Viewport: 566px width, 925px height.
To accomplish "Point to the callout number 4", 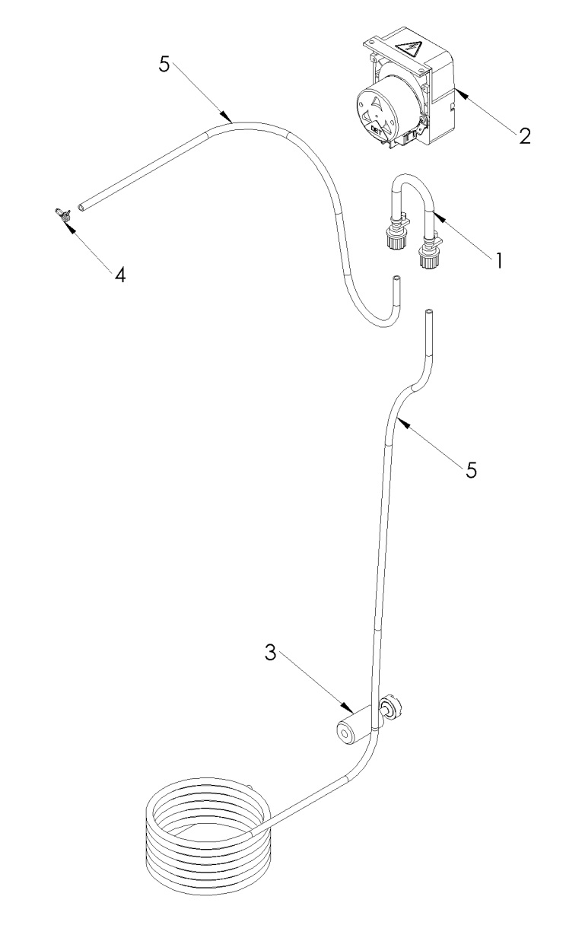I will pos(119,274).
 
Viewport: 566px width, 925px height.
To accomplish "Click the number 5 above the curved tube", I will pos(164,65).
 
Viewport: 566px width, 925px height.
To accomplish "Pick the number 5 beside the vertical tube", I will pos(472,470).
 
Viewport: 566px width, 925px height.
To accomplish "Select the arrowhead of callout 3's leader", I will pos(346,707).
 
